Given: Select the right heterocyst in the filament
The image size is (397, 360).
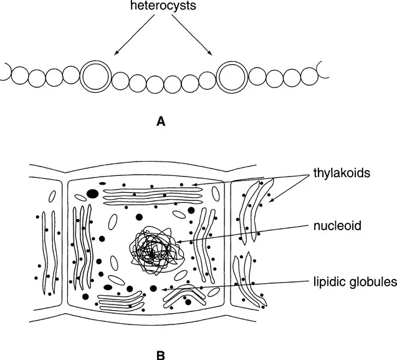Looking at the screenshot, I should click(232, 76).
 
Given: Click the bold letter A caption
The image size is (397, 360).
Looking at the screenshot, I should click(160, 122).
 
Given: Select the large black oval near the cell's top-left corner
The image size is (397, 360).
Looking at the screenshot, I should click(92, 194).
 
